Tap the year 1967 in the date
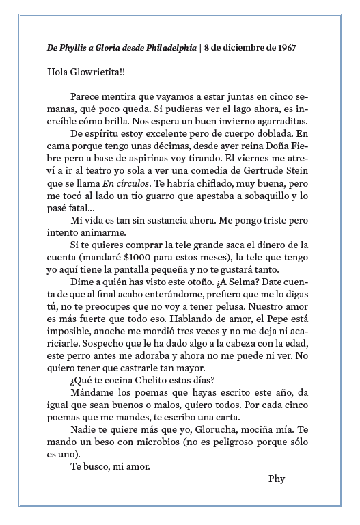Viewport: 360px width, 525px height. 288,47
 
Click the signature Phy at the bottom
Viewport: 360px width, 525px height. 277,478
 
